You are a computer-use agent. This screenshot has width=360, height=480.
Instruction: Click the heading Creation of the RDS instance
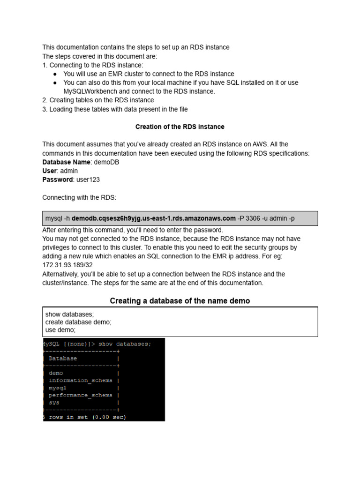[x=180, y=127]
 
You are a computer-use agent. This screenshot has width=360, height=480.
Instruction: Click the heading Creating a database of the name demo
[x=180, y=300]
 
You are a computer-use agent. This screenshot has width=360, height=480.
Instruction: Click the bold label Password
[x=58, y=180]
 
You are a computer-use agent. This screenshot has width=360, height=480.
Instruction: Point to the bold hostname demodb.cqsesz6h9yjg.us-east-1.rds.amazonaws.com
[x=154, y=218]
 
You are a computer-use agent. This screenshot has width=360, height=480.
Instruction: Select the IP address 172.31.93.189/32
[x=67, y=265]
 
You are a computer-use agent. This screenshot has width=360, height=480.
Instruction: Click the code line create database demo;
[x=78, y=322]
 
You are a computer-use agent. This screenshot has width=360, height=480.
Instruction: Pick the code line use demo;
[x=60, y=330]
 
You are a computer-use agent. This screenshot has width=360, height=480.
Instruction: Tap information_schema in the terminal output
[x=80, y=381]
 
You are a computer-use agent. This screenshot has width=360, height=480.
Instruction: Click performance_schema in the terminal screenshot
[x=80, y=395]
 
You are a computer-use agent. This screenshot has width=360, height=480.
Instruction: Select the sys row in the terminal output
[x=54, y=403]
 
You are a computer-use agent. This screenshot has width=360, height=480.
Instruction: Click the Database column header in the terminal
[x=63, y=358]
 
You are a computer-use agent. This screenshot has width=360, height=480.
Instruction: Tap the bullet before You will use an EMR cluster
[x=55, y=74]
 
